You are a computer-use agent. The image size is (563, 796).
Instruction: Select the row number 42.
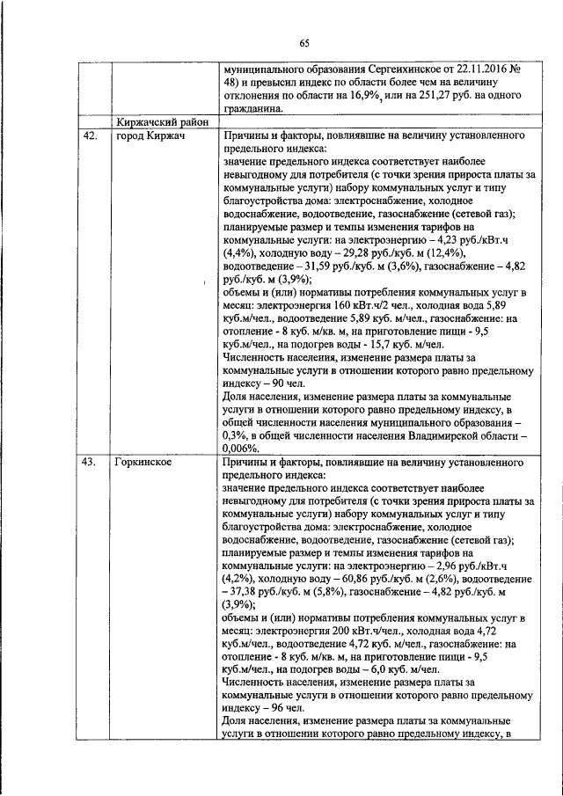89,138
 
